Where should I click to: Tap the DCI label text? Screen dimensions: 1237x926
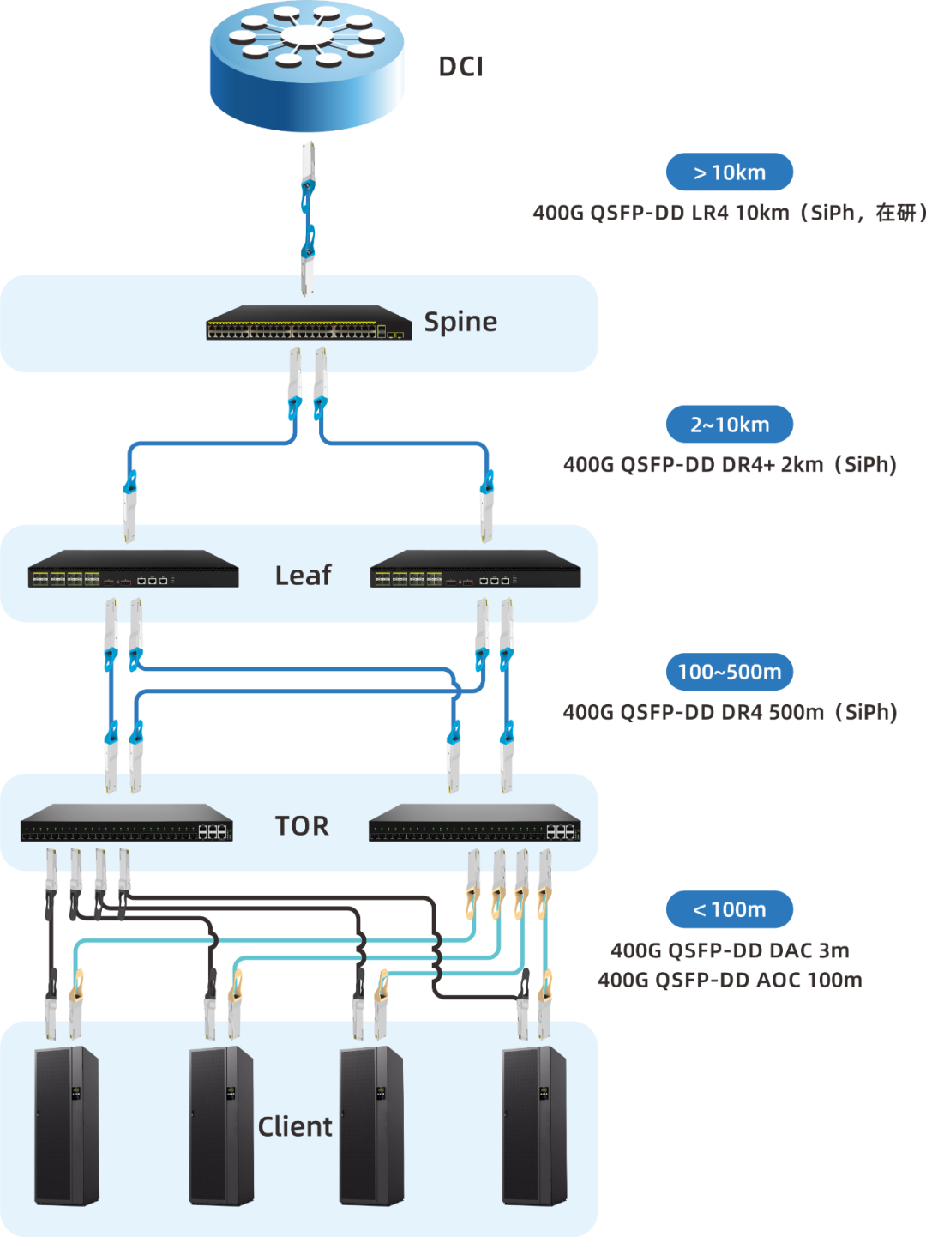point(461,67)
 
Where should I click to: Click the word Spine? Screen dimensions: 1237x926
point(460,322)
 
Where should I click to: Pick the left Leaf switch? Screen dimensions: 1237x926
point(133,569)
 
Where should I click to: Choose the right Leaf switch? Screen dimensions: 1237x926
point(476,569)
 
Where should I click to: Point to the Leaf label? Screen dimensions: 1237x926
point(303,575)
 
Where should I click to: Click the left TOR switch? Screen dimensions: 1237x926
point(127,823)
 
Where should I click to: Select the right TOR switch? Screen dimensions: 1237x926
point(475,823)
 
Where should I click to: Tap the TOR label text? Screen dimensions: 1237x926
point(302,825)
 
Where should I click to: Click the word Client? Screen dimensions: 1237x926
point(295,1126)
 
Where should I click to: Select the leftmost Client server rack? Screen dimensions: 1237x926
point(66,1125)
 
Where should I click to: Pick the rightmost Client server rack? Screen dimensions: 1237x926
point(533,1125)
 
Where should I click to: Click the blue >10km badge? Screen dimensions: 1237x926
point(730,172)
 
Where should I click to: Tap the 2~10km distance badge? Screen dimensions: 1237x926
point(730,425)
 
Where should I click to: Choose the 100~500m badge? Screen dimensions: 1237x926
point(730,672)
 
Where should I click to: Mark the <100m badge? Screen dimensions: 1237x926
point(730,909)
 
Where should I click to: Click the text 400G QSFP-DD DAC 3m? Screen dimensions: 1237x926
point(730,950)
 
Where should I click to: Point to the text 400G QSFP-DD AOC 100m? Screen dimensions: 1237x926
point(730,980)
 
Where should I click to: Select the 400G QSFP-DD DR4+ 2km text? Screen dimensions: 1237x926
point(730,465)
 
